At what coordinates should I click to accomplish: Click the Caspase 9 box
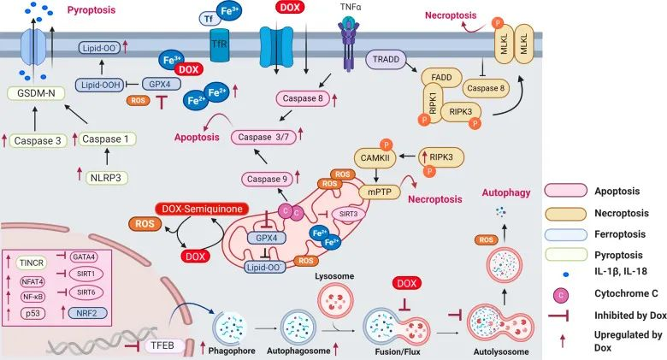267,178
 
